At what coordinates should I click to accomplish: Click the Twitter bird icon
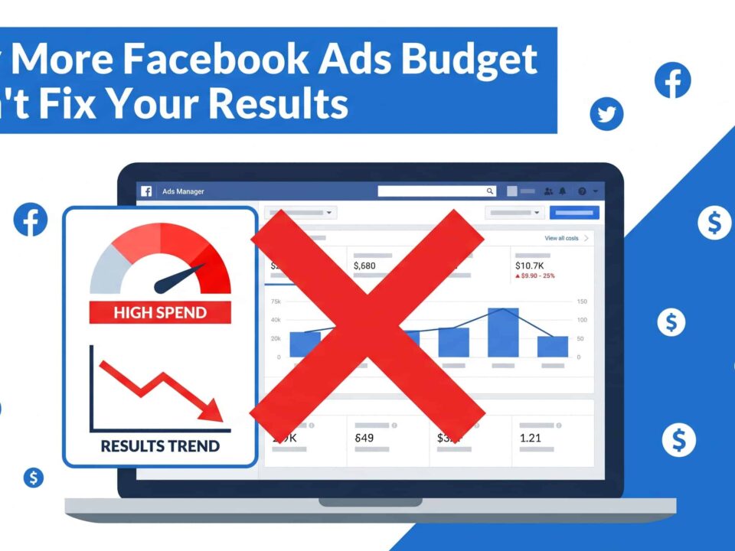606,115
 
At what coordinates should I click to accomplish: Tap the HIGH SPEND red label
160,312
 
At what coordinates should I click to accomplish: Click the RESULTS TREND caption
160,446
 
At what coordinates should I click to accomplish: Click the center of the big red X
367,325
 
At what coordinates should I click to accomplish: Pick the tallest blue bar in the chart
503,332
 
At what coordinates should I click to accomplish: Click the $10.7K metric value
530,266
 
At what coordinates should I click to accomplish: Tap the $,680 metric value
364,266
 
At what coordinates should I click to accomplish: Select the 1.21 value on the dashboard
530,438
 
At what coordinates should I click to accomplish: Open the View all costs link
561,239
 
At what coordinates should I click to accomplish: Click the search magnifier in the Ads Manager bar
490,191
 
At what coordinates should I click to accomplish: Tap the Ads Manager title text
183,191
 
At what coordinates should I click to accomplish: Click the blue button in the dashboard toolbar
574,213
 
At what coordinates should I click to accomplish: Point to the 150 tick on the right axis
582,302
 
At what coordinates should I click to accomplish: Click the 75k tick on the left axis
276,302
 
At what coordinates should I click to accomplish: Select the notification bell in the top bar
563,191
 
